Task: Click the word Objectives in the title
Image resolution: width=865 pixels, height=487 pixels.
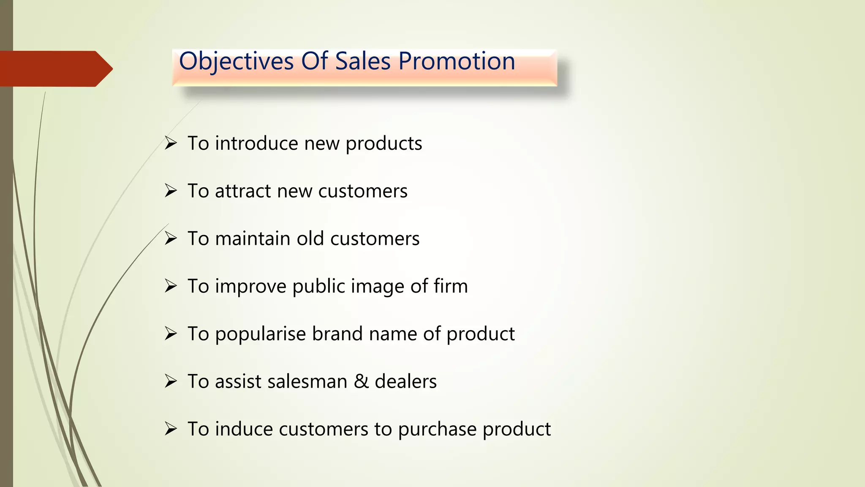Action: point(236,62)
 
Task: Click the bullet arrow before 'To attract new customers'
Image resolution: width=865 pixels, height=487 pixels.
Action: point(171,191)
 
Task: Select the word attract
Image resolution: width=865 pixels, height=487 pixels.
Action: point(243,191)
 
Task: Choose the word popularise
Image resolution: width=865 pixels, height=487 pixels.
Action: point(260,334)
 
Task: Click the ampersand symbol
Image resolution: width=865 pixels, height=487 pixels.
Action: point(361,381)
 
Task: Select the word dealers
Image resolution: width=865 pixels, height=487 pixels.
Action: point(405,381)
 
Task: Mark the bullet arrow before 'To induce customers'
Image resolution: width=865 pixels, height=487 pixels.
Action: point(171,429)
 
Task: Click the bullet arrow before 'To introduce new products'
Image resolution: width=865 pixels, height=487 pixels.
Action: point(171,143)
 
